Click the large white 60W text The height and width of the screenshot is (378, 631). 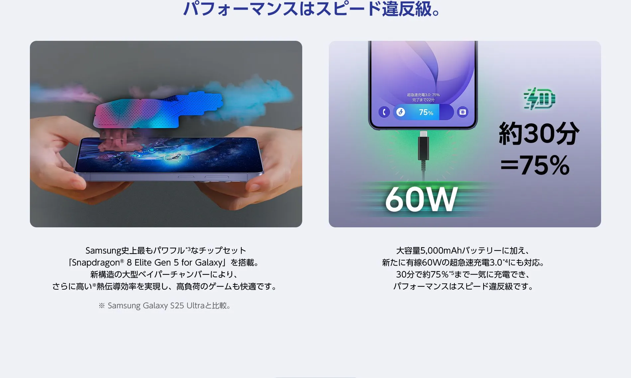(x=421, y=199)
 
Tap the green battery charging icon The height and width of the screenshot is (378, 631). (x=539, y=99)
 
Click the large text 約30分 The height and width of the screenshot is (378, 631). (x=539, y=133)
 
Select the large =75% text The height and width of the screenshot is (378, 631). (x=535, y=165)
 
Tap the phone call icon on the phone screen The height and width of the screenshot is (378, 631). (x=384, y=112)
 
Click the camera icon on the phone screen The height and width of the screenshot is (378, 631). (x=462, y=112)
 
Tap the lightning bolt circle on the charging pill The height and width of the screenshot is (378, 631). (x=401, y=112)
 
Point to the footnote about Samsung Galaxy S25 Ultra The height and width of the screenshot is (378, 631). (x=165, y=306)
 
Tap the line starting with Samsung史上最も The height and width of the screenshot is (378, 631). (x=166, y=251)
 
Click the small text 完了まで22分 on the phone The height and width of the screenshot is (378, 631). (x=423, y=100)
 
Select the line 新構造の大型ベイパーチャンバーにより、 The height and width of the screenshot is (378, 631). (x=165, y=274)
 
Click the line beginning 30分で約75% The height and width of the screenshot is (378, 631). (x=463, y=274)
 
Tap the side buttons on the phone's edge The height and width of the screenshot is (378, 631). (x=203, y=178)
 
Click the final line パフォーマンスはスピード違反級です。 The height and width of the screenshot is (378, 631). (x=463, y=286)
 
